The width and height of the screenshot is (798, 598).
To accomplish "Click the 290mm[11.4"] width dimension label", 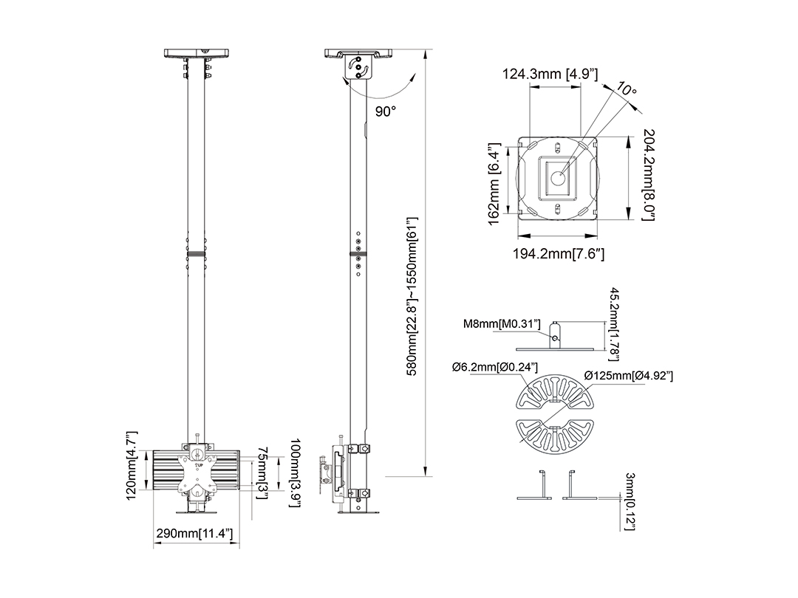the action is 194,534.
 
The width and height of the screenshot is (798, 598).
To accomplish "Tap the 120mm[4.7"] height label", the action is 132,465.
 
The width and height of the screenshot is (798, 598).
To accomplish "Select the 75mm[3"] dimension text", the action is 262,473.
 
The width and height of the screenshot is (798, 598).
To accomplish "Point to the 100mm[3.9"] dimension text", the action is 295,473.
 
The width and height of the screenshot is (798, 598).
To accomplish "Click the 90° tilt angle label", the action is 386,111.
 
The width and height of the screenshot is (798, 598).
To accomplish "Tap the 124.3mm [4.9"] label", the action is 550,75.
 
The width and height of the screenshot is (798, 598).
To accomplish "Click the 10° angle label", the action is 626,89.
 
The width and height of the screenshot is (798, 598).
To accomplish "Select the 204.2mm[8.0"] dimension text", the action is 649,174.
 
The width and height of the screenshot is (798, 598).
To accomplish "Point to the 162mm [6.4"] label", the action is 494,184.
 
